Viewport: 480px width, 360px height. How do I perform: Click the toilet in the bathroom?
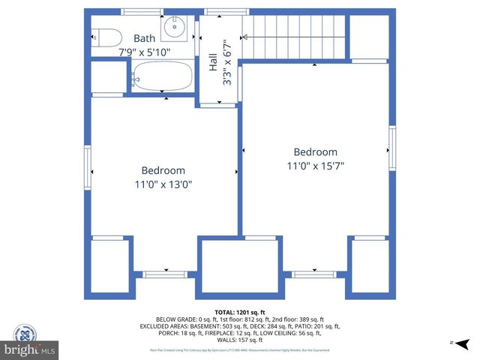pyautogui.click(x=106, y=37)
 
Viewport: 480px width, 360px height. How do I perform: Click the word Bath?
pyautogui.click(x=145, y=38)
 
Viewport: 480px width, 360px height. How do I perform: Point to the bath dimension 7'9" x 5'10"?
pyautogui.click(x=145, y=52)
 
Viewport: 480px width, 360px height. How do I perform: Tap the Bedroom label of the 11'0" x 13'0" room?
pyautogui.click(x=163, y=171)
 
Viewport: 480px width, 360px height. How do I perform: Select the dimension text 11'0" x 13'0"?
pyautogui.click(x=163, y=185)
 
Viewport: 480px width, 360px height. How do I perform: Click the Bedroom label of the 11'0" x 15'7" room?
pyautogui.click(x=315, y=151)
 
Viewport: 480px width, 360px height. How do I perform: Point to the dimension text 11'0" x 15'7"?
pyautogui.click(x=315, y=166)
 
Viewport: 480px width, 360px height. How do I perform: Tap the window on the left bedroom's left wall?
pyautogui.click(x=88, y=168)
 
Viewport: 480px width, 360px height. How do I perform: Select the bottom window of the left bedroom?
pyautogui.click(x=165, y=274)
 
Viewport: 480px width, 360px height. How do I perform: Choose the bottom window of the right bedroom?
pyautogui.click(x=314, y=274)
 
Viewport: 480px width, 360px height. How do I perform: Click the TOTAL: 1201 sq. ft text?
pyautogui.click(x=239, y=311)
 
